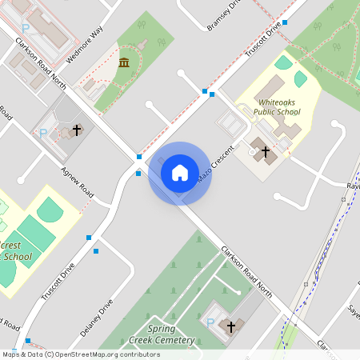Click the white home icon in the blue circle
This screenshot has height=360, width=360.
[180, 172]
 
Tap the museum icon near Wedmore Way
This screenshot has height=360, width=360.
[124, 62]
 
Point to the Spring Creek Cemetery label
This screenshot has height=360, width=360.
[162, 334]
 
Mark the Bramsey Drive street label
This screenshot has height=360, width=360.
[224, 15]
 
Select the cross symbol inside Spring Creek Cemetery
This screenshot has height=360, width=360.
[231, 326]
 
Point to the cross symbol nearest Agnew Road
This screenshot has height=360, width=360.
[78, 130]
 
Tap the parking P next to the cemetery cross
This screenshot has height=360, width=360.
[210, 322]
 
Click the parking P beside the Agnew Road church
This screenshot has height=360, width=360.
[42, 134]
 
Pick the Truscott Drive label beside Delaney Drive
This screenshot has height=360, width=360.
[58, 281]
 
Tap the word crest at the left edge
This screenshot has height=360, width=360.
[11, 245]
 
